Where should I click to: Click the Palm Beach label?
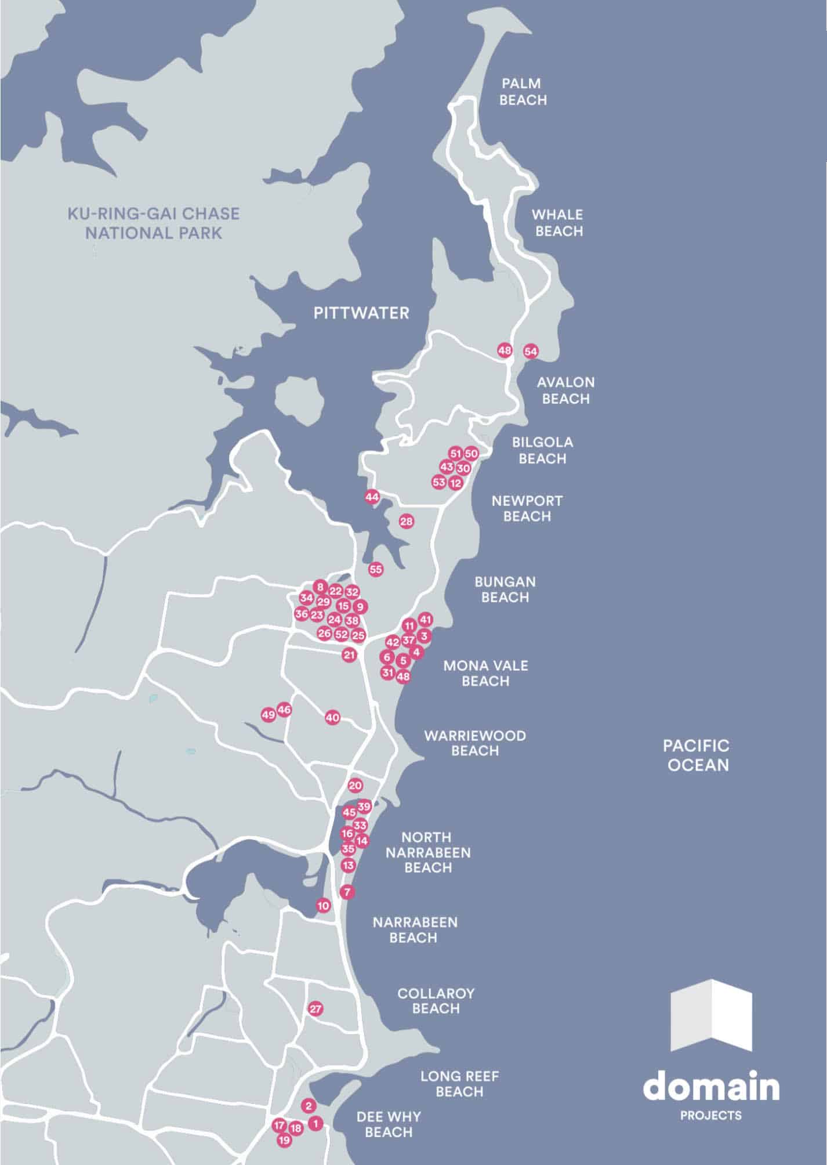pos(523,92)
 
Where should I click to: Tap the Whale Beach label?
pos(558,223)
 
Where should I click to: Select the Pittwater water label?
pos(361,313)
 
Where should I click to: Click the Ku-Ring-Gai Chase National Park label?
pos(154,223)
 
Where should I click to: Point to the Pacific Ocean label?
pos(697,755)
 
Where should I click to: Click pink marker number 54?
pos(531,352)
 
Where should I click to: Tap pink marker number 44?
pos(372,497)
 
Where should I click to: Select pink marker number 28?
pos(407,522)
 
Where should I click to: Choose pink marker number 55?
pos(376,569)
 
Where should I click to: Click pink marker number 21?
pos(349,656)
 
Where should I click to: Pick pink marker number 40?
pos(332,718)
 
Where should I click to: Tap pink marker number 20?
pos(355,786)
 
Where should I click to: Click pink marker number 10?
pos(323,905)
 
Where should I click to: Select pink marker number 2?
pos(309,1106)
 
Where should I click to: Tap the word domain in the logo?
pos(711,1087)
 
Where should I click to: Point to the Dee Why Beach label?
pos(389,1124)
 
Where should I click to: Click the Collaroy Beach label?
pos(436,1001)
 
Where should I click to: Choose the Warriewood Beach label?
pos(475,743)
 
